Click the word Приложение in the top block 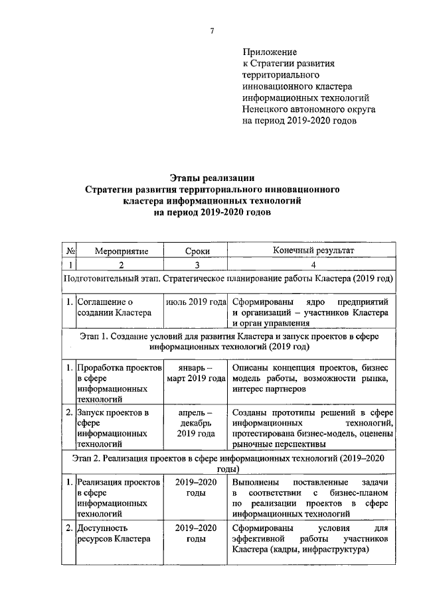coord(270,52)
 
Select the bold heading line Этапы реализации coord(212,177)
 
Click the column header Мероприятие coord(121,251)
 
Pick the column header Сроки coord(197,251)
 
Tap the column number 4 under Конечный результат coord(312,265)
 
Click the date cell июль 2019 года coord(197,302)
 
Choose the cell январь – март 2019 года coord(197,373)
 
